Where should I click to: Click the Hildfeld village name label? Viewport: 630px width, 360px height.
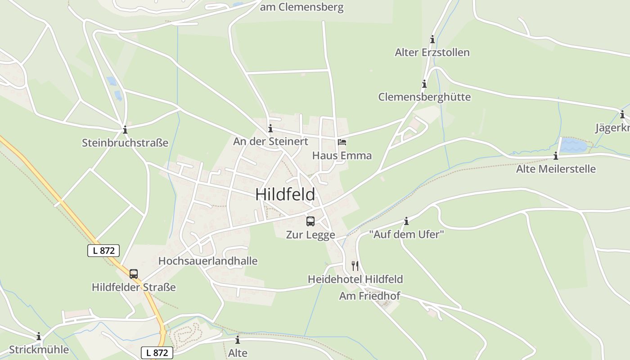click(x=285, y=194)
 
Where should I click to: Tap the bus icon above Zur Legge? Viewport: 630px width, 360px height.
click(x=310, y=221)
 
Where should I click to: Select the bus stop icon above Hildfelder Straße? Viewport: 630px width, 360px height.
click(x=134, y=274)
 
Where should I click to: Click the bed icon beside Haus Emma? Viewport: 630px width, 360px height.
click(x=342, y=142)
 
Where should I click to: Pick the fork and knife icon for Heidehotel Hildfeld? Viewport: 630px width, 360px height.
click(x=355, y=265)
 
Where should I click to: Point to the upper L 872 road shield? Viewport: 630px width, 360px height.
click(x=103, y=251)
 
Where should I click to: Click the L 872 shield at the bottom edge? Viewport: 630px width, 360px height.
click(x=157, y=353)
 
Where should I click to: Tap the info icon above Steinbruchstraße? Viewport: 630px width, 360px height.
click(x=125, y=130)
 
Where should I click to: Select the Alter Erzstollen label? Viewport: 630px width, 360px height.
click(x=432, y=53)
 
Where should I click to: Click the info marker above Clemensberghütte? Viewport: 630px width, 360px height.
click(x=424, y=84)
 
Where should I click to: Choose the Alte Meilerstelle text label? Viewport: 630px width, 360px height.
click(x=556, y=169)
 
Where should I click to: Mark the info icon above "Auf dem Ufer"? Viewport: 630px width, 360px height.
click(x=406, y=221)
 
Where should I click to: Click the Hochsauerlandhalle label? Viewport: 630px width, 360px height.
click(x=208, y=261)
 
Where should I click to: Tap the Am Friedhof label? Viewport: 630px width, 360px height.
click(x=369, y=296)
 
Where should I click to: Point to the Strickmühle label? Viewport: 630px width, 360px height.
click(x=39, y=350)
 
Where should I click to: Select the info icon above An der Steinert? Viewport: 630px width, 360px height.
click(x=270, y=128)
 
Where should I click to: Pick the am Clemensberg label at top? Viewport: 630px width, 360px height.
click(x=301, y=7)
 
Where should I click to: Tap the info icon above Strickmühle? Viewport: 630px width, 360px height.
click(x=39, y=336)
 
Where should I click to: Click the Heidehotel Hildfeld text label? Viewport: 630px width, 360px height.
click(x=355, y=279)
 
